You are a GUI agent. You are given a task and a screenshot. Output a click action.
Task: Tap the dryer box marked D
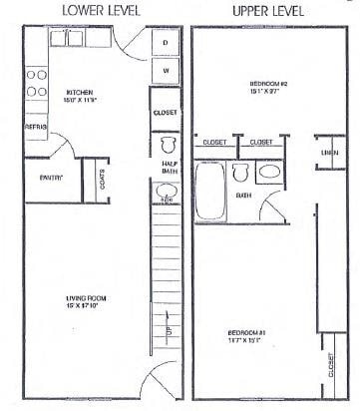coord(166,43)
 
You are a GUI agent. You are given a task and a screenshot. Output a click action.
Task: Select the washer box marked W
coord(166,71)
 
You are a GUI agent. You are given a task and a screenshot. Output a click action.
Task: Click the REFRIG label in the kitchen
coord(36,127)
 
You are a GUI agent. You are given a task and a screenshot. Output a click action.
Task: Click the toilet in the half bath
coord(166,142)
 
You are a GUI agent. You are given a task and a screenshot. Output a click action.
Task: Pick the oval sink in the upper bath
coord(269,173)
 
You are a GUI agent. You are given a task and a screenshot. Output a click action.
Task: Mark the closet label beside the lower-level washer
coord(166,113)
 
